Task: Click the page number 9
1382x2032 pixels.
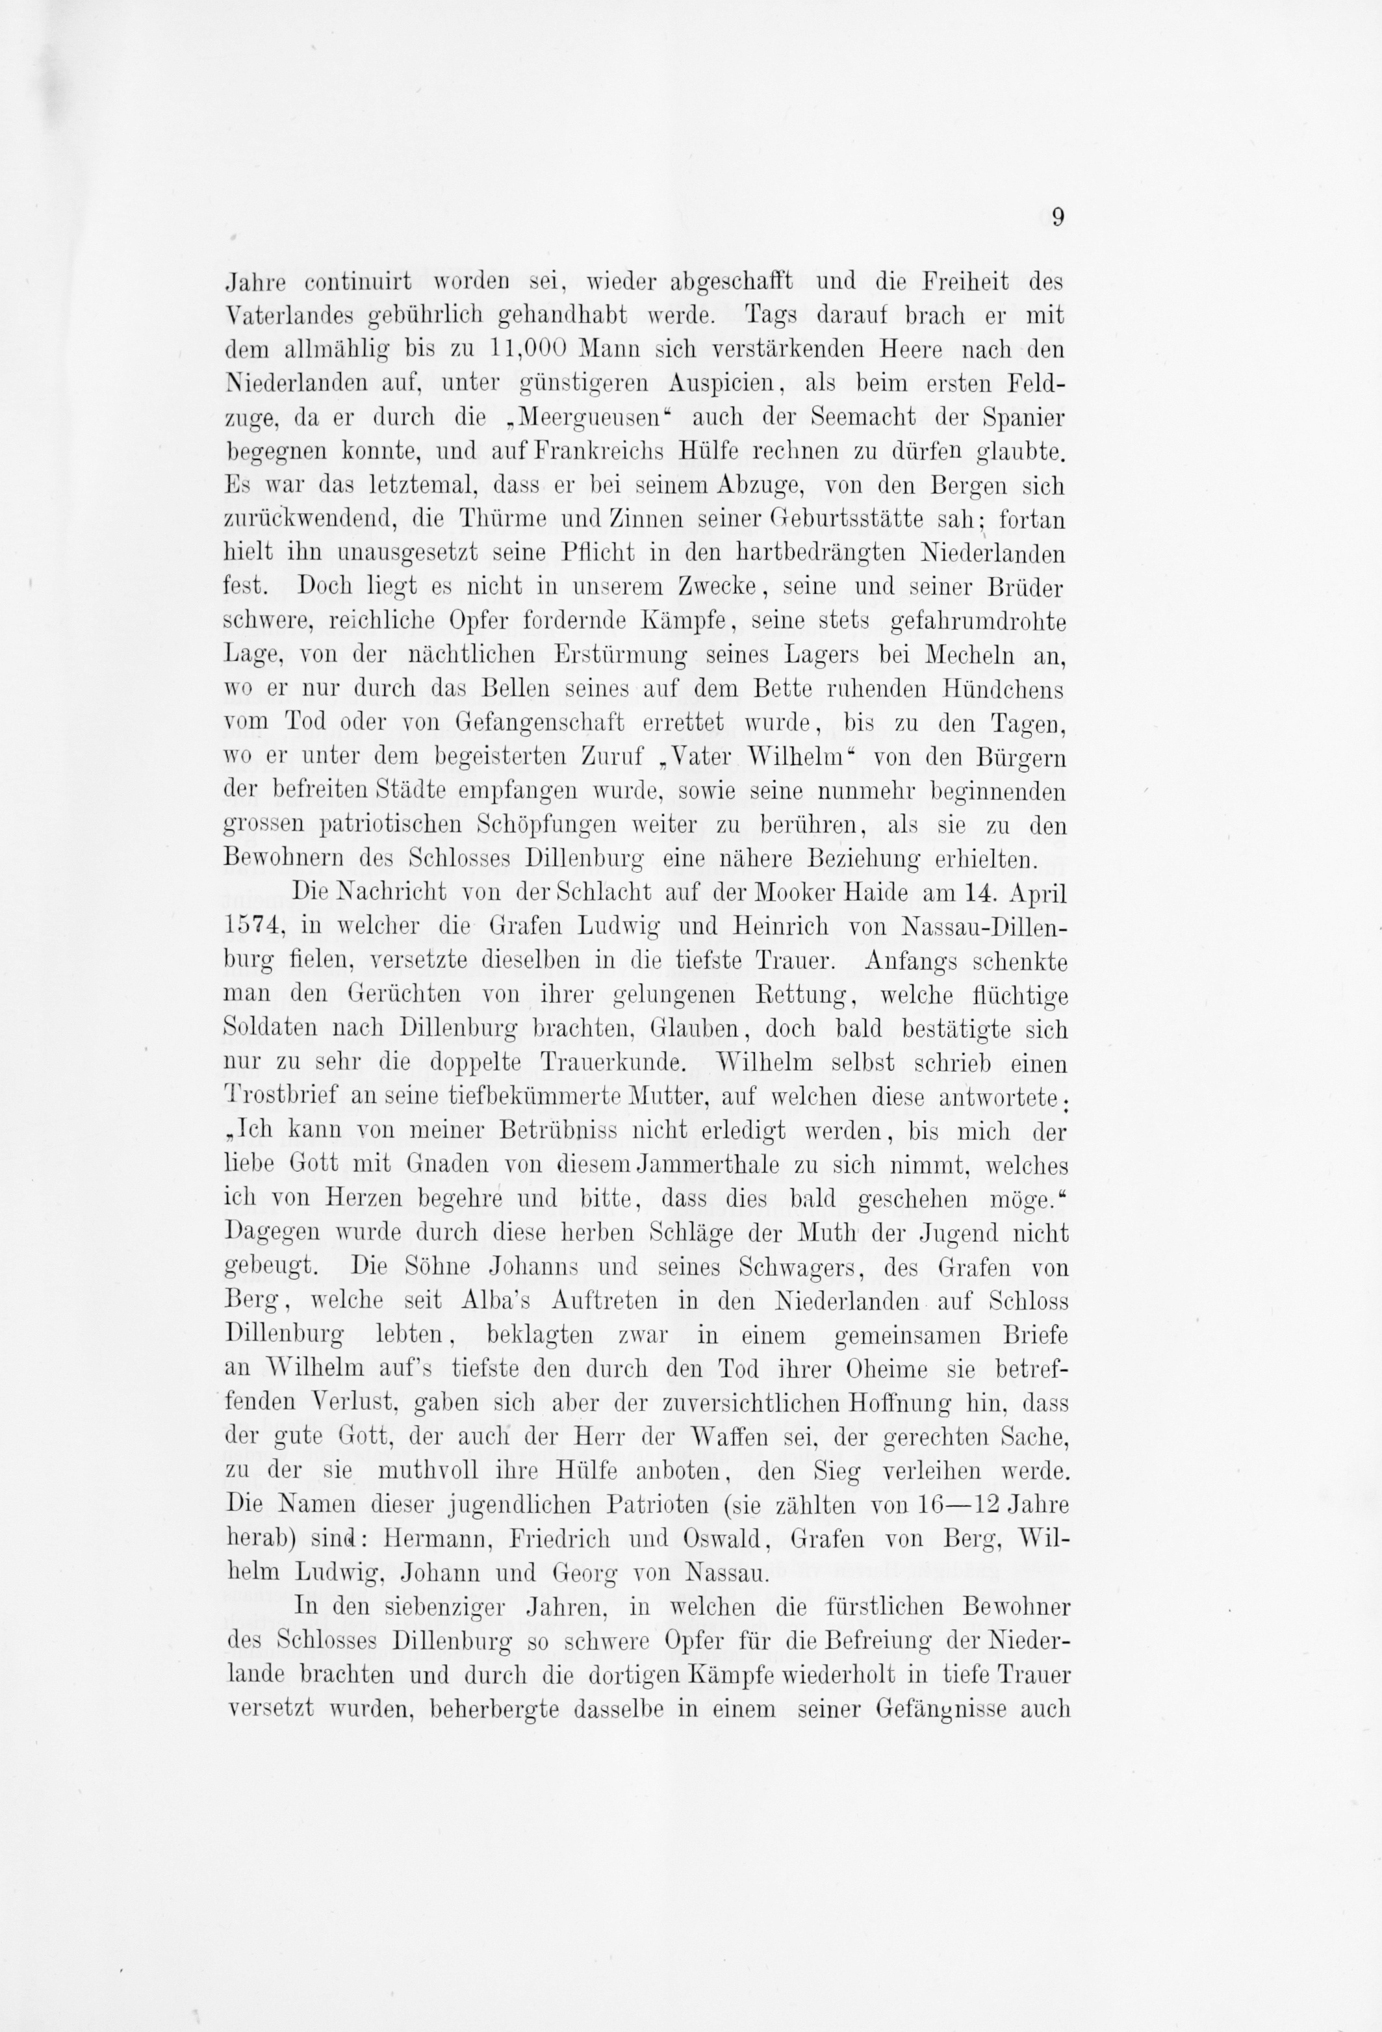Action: (x=1058, y=218)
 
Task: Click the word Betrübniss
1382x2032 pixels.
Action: (x=547, y=1131)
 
